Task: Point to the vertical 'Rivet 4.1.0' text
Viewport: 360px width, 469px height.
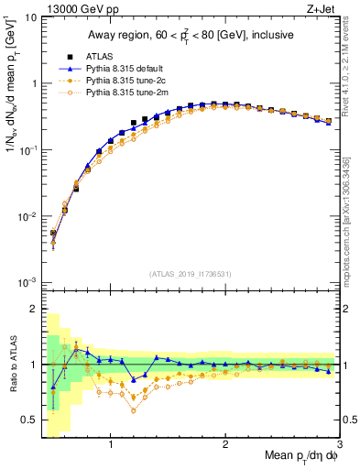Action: coord(353,69)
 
